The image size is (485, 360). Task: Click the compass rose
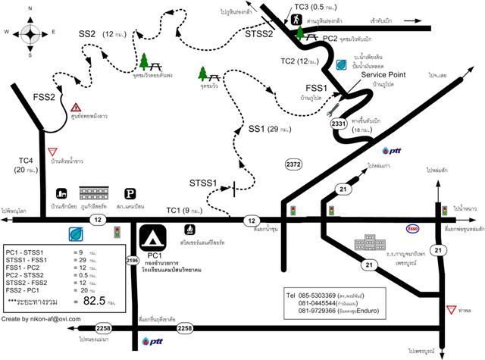(30, 33)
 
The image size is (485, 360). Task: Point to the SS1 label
(258, 130)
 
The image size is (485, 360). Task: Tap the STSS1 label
(203, 183)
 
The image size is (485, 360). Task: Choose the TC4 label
(27, 160)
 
